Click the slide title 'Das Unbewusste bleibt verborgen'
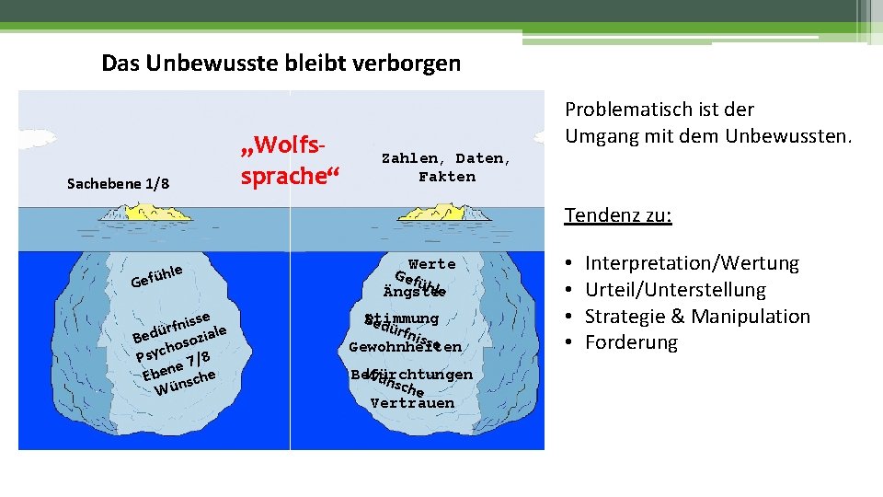281,64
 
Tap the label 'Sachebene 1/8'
118,184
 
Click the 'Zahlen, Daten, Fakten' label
447,168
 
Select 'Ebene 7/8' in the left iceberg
176,364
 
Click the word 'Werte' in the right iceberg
432,264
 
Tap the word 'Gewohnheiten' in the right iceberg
405,348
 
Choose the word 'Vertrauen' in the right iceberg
412,403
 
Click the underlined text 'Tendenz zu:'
618,216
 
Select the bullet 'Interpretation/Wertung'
692,264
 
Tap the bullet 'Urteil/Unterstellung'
675,290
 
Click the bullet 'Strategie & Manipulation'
697,317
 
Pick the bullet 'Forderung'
631,343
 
